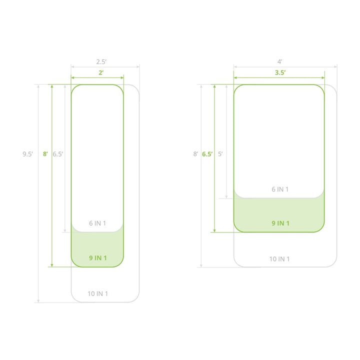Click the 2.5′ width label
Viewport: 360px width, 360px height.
(x=101, y=62)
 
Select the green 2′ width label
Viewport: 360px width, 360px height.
(x=101, y=72)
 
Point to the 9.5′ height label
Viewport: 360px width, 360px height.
(x=27, y=154)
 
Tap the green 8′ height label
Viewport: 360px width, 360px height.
(x=45, y=154)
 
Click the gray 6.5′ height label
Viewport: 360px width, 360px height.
(x=58, y=154)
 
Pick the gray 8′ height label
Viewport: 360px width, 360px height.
(x=195, y=154)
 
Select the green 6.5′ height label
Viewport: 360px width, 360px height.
(x=207, y=154)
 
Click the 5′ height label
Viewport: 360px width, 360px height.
(x=220, y=154)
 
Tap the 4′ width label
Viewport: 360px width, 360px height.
(x=279, y=62)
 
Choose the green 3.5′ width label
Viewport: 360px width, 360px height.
(x=280, y=72)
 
